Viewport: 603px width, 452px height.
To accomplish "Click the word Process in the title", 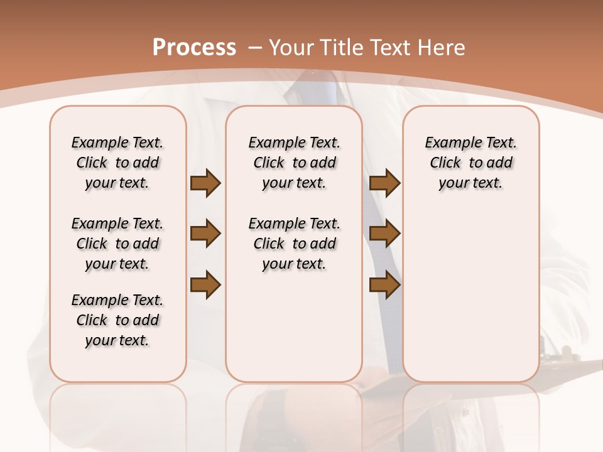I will click(194, 47).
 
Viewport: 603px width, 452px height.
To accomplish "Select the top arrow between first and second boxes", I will click(205, 183).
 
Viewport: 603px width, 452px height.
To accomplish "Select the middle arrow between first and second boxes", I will click(205, 234).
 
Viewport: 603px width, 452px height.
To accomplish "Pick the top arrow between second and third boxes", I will click(384, 183).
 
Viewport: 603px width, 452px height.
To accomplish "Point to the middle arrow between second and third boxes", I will click(384, 234).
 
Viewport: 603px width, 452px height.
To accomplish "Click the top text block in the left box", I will click(117, 163).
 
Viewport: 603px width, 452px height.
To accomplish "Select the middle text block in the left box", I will click(117, 244).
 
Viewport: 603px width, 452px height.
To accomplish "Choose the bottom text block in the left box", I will click(117, 320).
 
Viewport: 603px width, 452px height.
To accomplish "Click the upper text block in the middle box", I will click(294, 163).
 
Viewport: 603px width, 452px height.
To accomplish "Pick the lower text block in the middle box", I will click(294, 244).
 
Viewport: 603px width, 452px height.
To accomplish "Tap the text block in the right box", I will click(470, 163).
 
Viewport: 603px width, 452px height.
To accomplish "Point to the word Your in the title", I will click(291, 47).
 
